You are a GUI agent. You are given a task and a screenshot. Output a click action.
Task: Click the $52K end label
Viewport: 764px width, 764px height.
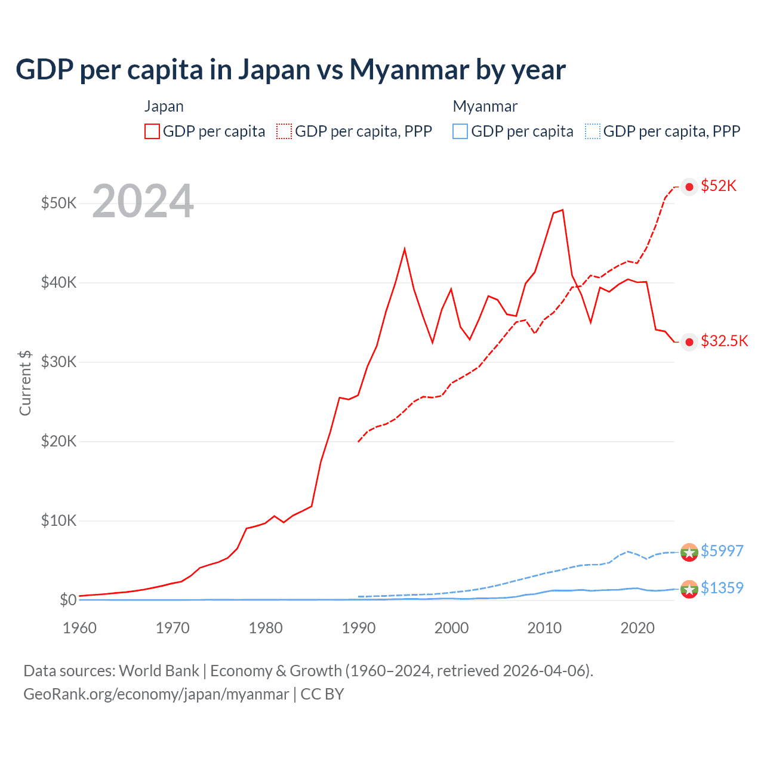(x=719, y=186)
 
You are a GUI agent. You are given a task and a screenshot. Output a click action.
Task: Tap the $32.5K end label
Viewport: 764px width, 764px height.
(x=724, y=341)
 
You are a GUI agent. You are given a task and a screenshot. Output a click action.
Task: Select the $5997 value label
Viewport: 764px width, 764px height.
(x=722, y=551)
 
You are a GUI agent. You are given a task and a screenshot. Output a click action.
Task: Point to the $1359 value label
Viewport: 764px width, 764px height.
(x=722, y=588)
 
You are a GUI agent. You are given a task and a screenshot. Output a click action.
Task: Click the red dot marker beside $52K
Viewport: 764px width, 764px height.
(x=689, y=187)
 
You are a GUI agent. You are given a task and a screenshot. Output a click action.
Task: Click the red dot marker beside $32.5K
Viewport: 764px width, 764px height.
(x=689, y=342)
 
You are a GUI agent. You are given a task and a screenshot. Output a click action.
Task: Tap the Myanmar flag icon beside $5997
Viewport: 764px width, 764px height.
(x=689, y=553)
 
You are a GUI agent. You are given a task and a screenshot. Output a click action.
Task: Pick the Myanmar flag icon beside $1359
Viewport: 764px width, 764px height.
(x=689, y=589)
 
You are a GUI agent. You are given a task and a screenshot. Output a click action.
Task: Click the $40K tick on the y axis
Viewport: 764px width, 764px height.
(x=58, y=282)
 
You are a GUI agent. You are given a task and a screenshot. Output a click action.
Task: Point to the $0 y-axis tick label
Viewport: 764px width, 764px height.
(x=68, y=600)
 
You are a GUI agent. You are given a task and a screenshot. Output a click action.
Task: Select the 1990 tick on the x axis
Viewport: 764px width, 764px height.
(x=359, y=628)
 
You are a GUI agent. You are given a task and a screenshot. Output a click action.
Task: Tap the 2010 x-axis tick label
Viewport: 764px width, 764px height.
(x=544, y=628)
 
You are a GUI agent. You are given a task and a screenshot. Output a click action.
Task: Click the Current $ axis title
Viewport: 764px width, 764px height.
(x=25, y=383)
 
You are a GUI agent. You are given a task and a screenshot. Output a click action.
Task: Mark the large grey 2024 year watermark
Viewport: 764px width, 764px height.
(x=143, y=202)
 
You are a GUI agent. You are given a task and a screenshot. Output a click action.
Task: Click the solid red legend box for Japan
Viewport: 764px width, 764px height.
(x=152, y=131)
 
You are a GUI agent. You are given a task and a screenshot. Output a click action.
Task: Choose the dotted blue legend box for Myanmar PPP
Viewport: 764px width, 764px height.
(x=593, y=131)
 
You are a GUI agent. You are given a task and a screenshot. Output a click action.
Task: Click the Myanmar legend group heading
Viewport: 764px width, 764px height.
(x=485, y=106)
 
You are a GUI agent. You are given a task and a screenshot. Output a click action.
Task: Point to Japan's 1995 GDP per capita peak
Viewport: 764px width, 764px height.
(x=405, y=248)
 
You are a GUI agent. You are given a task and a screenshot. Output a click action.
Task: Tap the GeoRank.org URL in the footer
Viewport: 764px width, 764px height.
(x=156, y=694)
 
